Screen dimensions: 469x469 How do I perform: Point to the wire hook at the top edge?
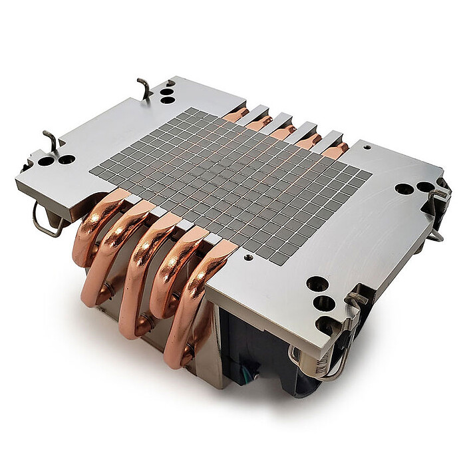pyautogui.click(x=144, y=88)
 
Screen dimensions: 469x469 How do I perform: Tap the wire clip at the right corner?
pyautogui.click(x=439, y=206)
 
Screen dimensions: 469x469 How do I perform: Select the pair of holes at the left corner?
pyautogui.click(x=57, y=160)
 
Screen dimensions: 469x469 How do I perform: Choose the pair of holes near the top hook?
pyautogui.click(x=167, y=92)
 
